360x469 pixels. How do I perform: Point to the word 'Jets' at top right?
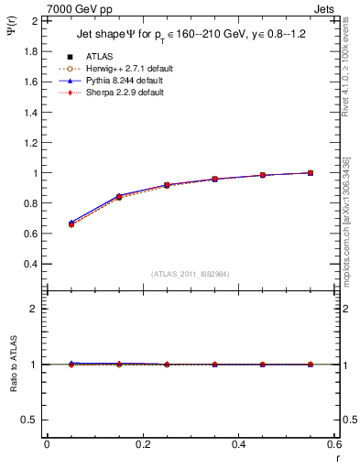326,7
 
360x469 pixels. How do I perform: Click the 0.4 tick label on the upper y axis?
30,264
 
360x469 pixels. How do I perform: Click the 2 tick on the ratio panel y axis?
35,309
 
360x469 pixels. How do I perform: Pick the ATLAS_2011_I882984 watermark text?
191,275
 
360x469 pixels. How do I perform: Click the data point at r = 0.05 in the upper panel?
71,224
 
